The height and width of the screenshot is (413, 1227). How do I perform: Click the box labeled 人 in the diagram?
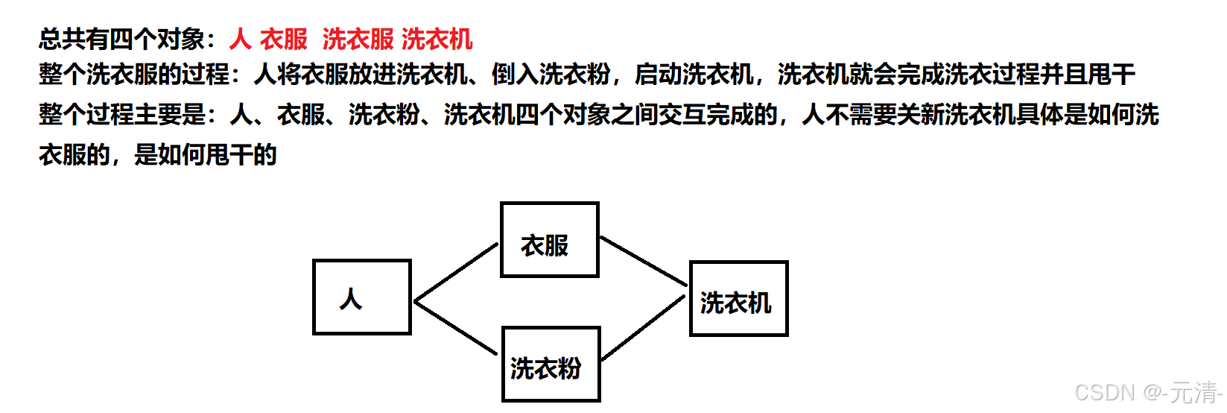pyautogui.click(x=361, y=297)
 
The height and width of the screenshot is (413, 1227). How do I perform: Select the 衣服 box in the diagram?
pyautogui.click(x=549, y=240)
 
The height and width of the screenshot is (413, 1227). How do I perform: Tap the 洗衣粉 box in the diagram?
pyautogui.click(x=551, y=365)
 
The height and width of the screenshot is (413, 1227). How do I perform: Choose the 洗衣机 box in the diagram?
pyautogui.click(x=738, y=299)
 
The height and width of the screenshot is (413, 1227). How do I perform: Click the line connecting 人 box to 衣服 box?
pyautogui.click(x=455, y=272)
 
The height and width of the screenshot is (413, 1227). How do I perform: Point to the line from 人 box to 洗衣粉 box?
pyautogui.click(x=455, y=327)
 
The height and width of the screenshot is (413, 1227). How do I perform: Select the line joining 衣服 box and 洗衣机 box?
pyautogui.click(x=643, y=261)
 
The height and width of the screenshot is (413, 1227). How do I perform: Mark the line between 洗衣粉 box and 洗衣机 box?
pyautogui.click(x=643, y=328)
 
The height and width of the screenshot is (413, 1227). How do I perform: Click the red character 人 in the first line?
pyautogui.click(x=240, y=39)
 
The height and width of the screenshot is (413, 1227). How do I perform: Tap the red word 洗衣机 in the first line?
pyautogui.click(x=437, y=39)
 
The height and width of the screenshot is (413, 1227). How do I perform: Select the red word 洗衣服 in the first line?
pyautogui.click(x=358, y=39)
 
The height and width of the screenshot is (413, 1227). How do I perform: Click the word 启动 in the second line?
pyautogui.click(x=658, y=75)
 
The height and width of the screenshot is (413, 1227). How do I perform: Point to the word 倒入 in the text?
pyautogui.click(x=515, y=75)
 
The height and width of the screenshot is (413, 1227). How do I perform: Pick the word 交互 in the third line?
pyautogui.click(x=682, y=115)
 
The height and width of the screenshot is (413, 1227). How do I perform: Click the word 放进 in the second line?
pyautogui.click(x=372, y=75)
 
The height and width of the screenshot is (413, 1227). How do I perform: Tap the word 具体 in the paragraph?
pyautogui.click(x=1040, y=115)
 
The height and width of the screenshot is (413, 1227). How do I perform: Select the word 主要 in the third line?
pyautogui.click(x=158, y=115)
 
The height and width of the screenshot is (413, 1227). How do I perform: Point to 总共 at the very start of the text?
pyautogui.click(x=63, y=39)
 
